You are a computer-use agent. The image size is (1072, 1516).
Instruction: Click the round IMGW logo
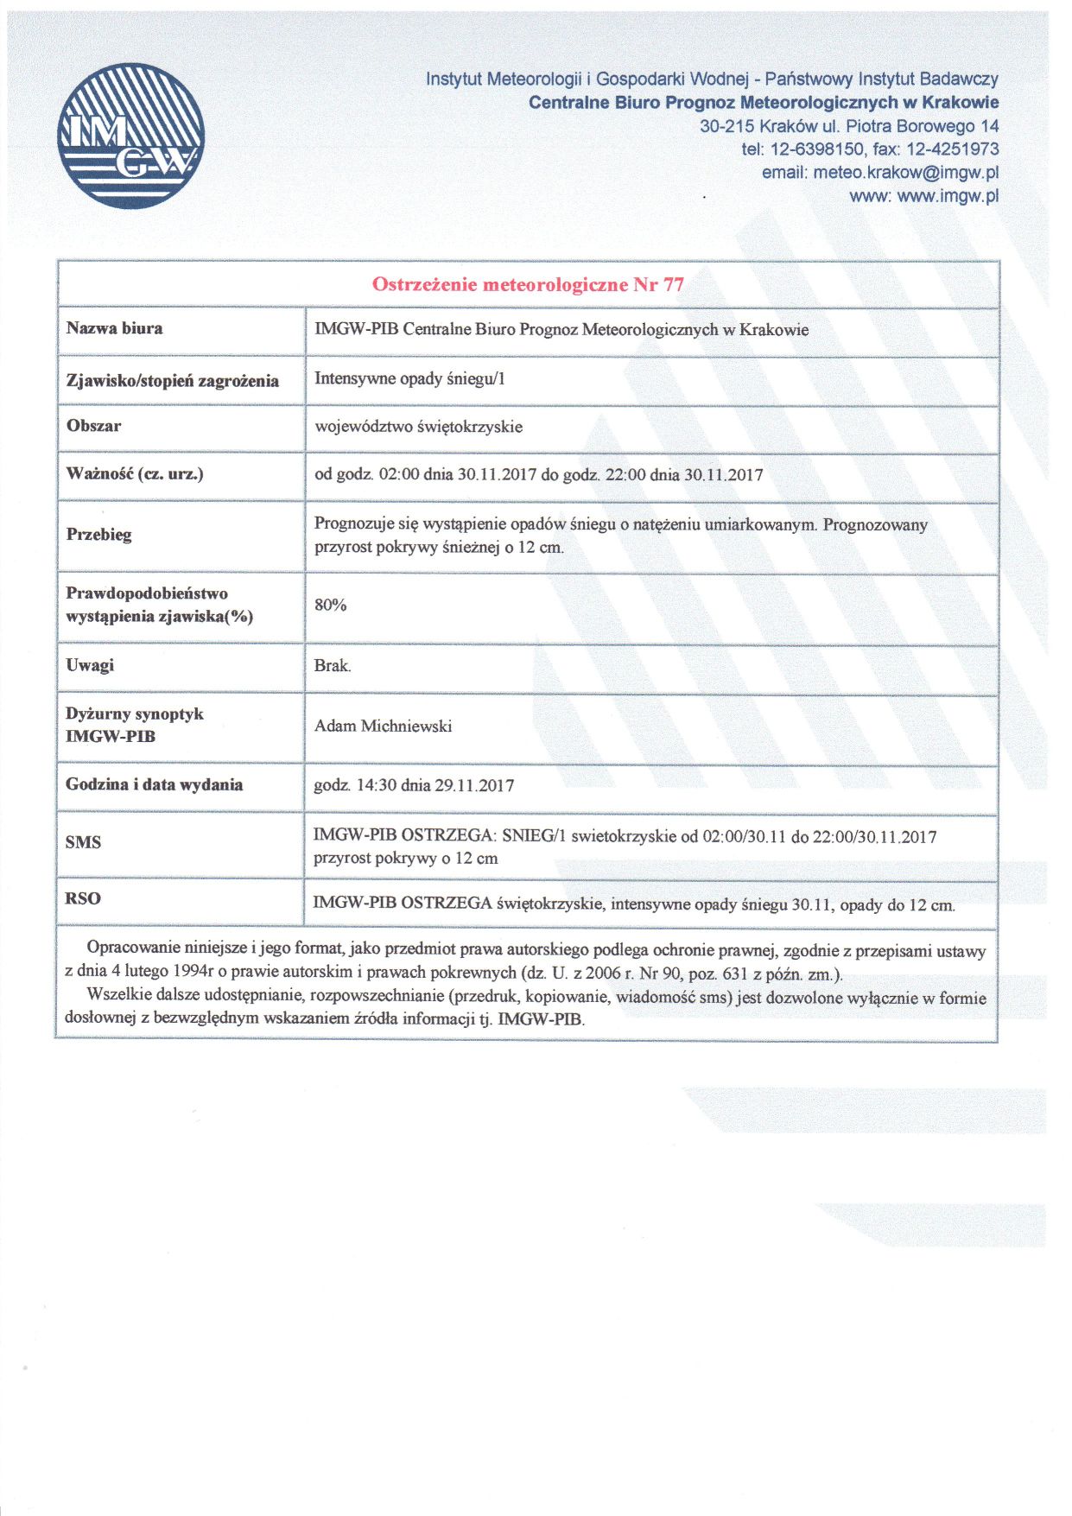click(131, 136)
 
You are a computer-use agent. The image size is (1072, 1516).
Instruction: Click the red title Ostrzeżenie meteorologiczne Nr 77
click(528, 284)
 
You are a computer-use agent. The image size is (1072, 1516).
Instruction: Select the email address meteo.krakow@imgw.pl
click(905, 173)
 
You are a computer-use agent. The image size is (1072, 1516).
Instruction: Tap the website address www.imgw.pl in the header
click(948, 196)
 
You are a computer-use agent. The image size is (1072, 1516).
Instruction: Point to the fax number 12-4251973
click(952, 149)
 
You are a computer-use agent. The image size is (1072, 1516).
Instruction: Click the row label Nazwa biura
click(114, 328)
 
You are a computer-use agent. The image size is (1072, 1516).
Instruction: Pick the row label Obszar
click(93, 426)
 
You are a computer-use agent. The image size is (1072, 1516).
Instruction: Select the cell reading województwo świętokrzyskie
click(418, 427)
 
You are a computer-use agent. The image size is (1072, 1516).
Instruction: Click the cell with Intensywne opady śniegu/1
click(409, 378)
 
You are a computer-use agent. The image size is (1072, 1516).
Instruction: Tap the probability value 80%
click(330, 605)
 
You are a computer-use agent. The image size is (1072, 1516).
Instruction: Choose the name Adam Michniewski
click(383, 726)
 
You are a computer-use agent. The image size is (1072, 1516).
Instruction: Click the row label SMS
click(83, 842)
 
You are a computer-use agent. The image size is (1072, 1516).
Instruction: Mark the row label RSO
click(83, 898)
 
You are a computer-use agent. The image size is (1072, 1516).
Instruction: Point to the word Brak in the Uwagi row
click(332, 665)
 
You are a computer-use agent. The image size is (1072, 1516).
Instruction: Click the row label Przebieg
click(99, 535)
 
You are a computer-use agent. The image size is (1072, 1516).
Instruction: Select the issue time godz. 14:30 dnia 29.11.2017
click(414, 785)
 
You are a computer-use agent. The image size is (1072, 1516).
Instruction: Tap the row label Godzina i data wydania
click(154, 784)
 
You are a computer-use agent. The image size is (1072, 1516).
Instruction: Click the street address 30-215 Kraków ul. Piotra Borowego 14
click(849, 126)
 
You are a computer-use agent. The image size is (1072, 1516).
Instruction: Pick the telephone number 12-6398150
click(816, 149)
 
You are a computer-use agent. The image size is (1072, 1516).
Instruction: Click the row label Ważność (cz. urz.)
click(135, 473)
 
